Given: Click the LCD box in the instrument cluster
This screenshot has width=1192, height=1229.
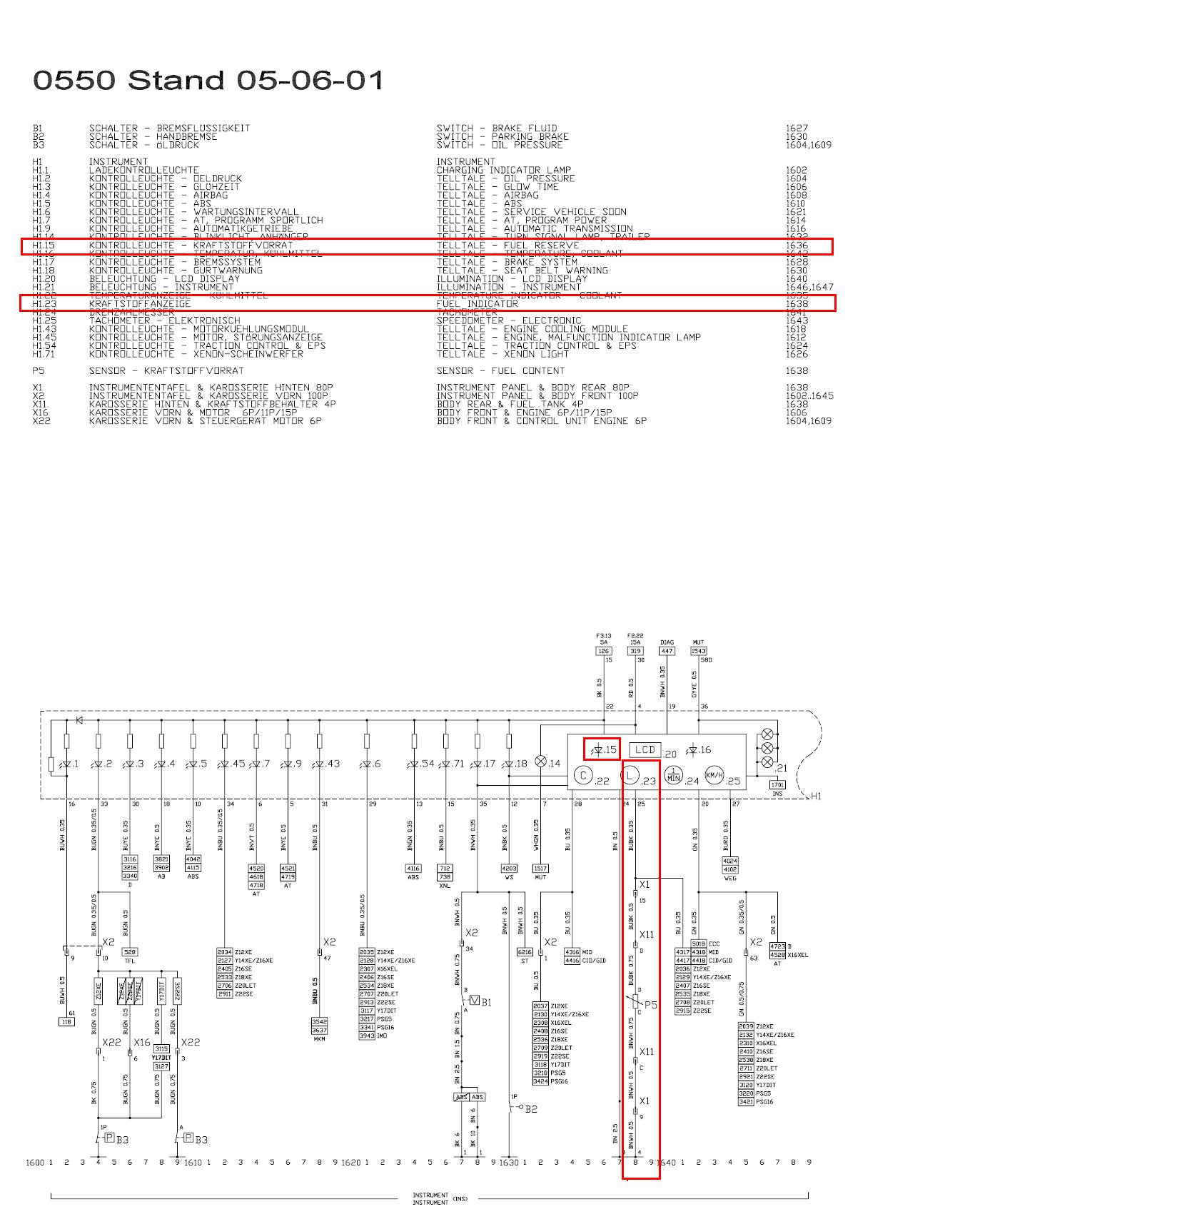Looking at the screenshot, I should tap(645, 749).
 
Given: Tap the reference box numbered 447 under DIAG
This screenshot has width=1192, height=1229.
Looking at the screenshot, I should tap(667, 651).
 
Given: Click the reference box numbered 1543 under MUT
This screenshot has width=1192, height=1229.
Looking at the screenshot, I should tap(698, 651).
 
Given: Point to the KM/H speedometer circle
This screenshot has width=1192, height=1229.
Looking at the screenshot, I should tap(714, 776).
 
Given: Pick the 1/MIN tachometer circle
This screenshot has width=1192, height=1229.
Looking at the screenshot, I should tap(673, 776).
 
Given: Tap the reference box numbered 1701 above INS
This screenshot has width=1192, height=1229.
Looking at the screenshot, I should tap(777, 784).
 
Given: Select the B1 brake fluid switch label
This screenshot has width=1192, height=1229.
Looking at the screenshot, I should tap(486, 1002).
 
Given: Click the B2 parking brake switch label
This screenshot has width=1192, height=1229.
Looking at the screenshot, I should tap(531, 1109).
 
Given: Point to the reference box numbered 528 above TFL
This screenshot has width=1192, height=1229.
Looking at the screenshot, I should tap(129, 952).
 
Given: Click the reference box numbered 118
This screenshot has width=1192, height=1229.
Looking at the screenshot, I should tap(66, 1021).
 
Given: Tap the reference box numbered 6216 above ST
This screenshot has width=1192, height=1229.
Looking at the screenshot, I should tap(525, 952).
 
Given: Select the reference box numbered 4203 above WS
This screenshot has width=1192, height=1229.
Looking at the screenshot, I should tap(509, 869).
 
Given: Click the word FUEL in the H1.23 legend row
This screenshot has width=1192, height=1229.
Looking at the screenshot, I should tap(448, 304).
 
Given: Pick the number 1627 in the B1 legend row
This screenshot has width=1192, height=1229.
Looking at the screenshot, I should tap(797, 128).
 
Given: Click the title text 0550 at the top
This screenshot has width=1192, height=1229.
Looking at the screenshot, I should tap(74, 80).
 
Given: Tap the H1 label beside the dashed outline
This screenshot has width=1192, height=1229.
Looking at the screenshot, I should tap(815, 796).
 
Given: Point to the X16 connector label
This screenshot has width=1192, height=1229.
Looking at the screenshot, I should tap(142, 1042).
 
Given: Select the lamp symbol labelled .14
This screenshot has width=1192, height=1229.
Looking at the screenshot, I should tap(541, 762).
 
